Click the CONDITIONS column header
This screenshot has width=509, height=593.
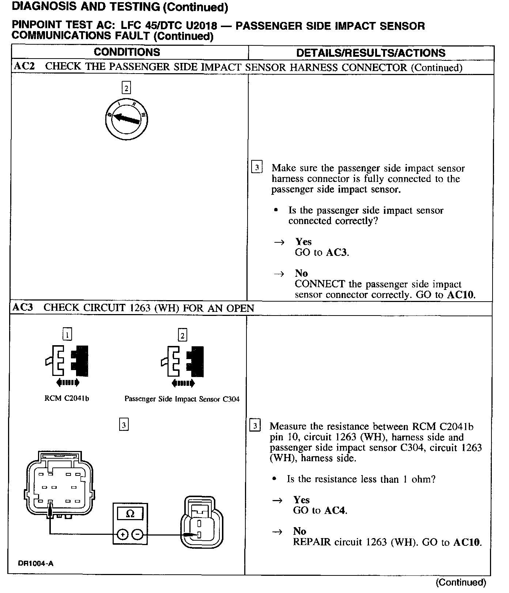[127, 52]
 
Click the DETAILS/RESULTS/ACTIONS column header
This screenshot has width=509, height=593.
[371, 53]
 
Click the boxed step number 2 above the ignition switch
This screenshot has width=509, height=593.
[126, 88]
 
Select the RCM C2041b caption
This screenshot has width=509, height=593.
[67, 399]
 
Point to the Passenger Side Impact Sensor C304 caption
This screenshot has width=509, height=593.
[182, 399]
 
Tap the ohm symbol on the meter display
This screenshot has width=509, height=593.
[130, 514]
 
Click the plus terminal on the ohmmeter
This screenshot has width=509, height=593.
[122, 535]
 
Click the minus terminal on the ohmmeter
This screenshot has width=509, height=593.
[138, 535]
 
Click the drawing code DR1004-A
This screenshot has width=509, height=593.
[35, 563]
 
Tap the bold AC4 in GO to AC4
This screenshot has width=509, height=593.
[335, 510]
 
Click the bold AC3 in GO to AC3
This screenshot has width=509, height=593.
[336, 252]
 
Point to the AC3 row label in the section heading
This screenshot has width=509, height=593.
[23, 307]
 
